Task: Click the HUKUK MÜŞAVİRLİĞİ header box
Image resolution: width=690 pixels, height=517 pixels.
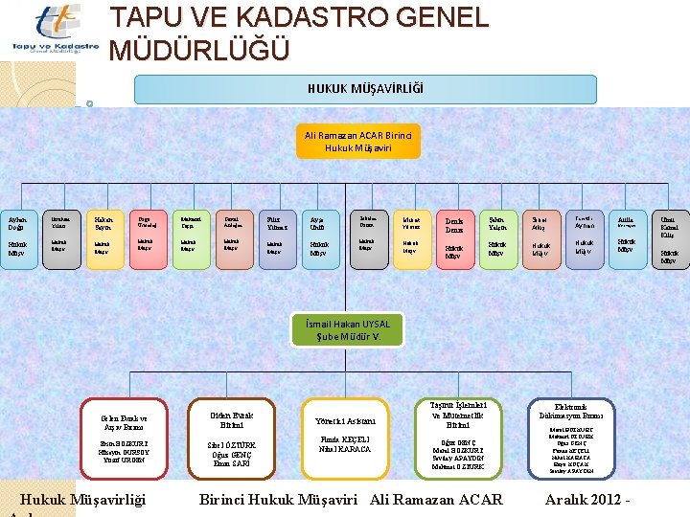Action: coord(365,88)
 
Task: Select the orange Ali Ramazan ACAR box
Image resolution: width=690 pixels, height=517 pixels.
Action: coord(359,143)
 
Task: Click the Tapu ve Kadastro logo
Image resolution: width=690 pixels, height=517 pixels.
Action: coord(55,30)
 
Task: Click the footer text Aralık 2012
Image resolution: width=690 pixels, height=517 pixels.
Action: coord(585,499)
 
